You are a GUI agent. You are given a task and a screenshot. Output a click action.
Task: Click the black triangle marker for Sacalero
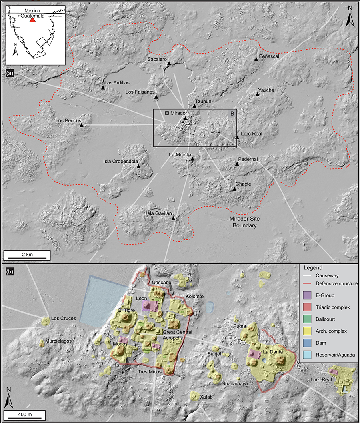[x=169, y=63]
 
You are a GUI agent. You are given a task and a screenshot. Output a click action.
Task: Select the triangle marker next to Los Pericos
[x=82, y=125]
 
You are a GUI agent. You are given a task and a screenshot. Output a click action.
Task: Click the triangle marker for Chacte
[x=234, y=188]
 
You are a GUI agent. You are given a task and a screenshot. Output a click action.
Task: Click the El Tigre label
[x=126, y=311]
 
